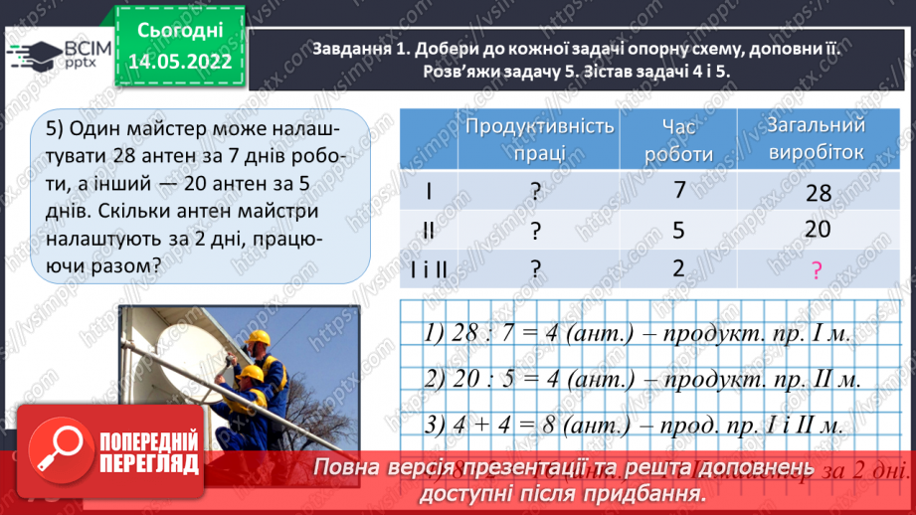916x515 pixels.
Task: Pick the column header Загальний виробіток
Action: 817,139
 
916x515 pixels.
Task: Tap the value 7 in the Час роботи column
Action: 679,189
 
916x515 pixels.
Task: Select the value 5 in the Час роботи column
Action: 679,231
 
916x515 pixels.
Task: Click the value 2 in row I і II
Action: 679,268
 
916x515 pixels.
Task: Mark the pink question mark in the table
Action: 818,270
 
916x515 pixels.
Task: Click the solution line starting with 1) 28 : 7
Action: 638,334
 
